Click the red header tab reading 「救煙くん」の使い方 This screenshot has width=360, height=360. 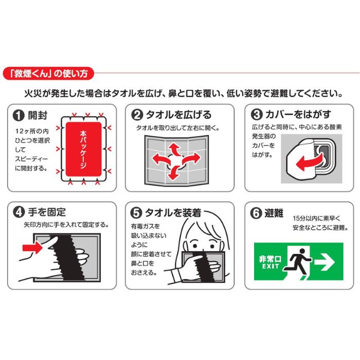(49, 73)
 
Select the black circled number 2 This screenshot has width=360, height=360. (137, 114)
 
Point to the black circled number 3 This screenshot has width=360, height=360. (256, 114)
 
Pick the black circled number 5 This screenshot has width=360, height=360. (137, 212)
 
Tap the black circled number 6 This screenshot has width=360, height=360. (256, 212)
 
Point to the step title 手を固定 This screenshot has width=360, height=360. (46, 212)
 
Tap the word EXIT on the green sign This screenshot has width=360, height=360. (269, 267)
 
